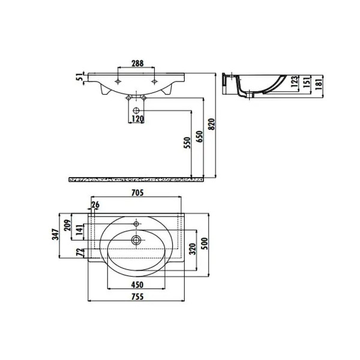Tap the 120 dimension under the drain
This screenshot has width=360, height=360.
(x=137, y=119)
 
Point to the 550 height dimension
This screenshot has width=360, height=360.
(x=187, y=143)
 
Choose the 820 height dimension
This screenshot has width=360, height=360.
(x=211, y=124)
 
